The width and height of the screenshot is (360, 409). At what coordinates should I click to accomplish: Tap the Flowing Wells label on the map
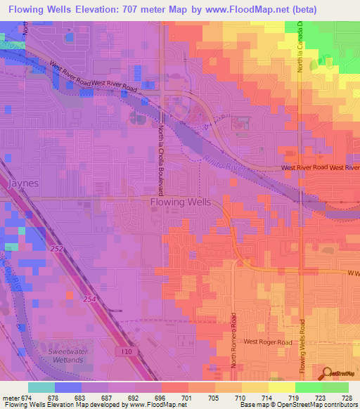(180, 202)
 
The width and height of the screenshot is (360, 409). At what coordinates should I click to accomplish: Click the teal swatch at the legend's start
(41, 387)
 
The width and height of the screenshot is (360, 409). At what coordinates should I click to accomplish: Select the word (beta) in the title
(300, 10)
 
